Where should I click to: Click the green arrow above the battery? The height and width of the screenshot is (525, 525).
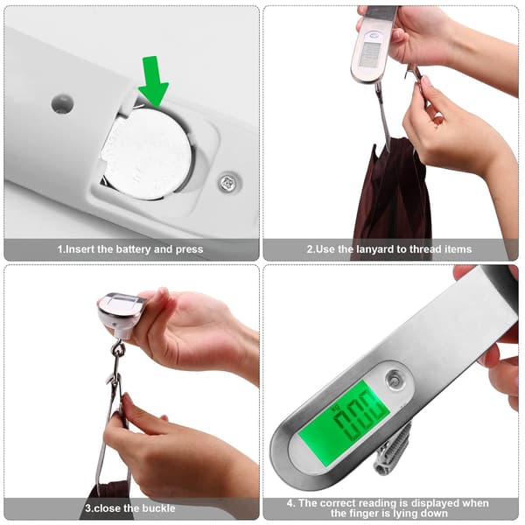(153, 81)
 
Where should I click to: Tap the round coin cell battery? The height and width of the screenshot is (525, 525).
(147, 154)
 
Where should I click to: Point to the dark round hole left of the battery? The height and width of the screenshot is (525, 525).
(62, 103)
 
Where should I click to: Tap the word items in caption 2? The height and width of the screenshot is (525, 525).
(458, 249)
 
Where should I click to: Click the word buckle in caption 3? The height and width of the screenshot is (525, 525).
(158, 508)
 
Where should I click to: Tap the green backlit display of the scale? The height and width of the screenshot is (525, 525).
(344, 424)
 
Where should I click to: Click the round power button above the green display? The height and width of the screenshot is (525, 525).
(394, 379)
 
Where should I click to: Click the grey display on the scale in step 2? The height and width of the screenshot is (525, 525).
(370, 54)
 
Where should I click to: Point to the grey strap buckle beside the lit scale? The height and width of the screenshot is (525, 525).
(392, 449)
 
